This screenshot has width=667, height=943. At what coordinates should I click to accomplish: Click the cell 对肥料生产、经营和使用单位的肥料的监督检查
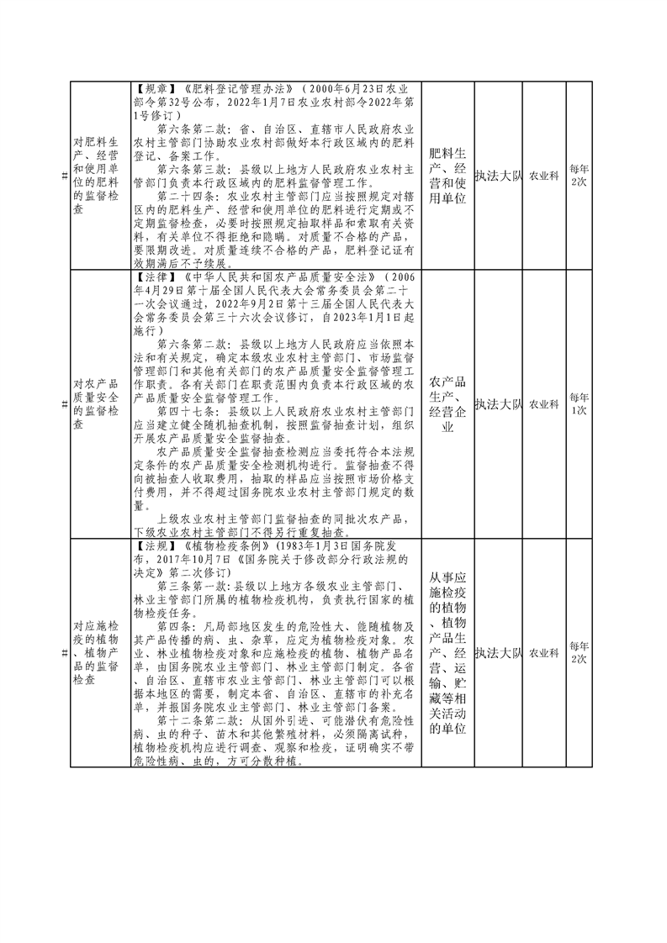(x=96, y=176)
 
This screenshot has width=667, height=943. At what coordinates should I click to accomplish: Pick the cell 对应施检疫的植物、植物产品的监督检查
(x=96, y=653)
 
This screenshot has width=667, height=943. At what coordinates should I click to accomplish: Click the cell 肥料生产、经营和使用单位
(x=447, y=175)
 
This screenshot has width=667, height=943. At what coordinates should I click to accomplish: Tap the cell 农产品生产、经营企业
(x=447, y=404)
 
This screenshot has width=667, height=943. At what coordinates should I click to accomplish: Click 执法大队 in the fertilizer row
(x=498, y=176)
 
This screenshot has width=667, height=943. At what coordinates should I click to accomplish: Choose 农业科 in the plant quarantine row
(x=543, y=653)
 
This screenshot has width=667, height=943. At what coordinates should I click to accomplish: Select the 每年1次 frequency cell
(x=579, y=404)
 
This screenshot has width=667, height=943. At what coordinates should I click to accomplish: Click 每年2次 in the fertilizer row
(x=579, y=176)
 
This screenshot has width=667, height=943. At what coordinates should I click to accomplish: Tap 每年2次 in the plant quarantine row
(x=579, y=653)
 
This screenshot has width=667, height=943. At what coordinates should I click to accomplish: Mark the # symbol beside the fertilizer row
(x=66, y=176)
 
